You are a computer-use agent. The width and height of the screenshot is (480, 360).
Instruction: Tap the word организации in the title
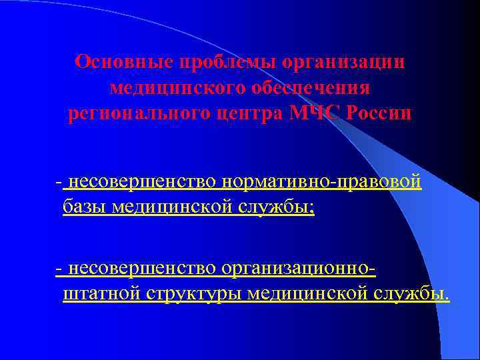tap(344, 62)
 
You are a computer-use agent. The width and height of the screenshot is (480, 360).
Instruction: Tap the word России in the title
tap(383, 114)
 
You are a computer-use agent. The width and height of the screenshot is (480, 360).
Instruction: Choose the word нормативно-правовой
tap(324, 181)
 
